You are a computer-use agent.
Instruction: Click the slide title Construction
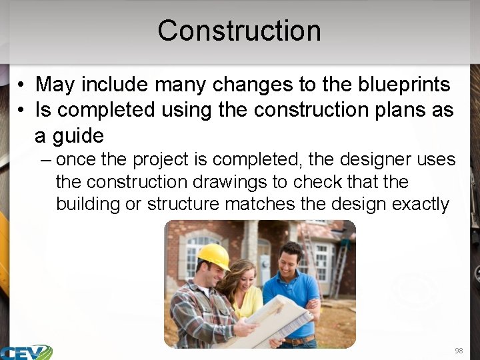[x=239, y=31]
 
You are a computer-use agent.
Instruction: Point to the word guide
[x=79, y=136]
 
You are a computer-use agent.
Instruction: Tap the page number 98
[x=458, y=351]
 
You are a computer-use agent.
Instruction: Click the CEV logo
[x=27, y=352]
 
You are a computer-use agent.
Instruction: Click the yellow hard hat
[x=213, y=256]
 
